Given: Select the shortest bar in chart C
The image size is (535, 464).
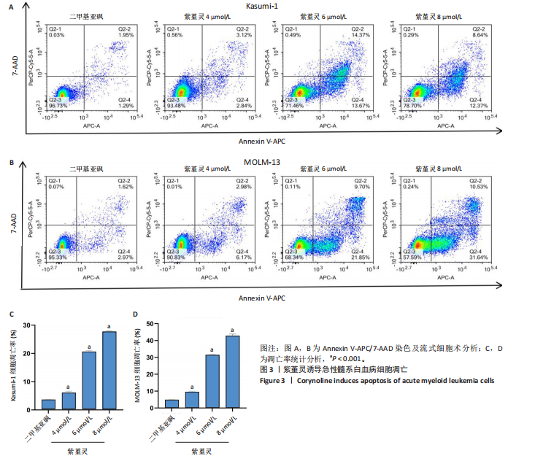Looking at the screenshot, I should (48, 404).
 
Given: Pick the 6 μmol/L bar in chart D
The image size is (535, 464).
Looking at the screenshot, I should (212, 382).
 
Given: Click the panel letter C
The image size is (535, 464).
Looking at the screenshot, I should (11, 314).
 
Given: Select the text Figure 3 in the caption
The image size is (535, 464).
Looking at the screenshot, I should (277, 380).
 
